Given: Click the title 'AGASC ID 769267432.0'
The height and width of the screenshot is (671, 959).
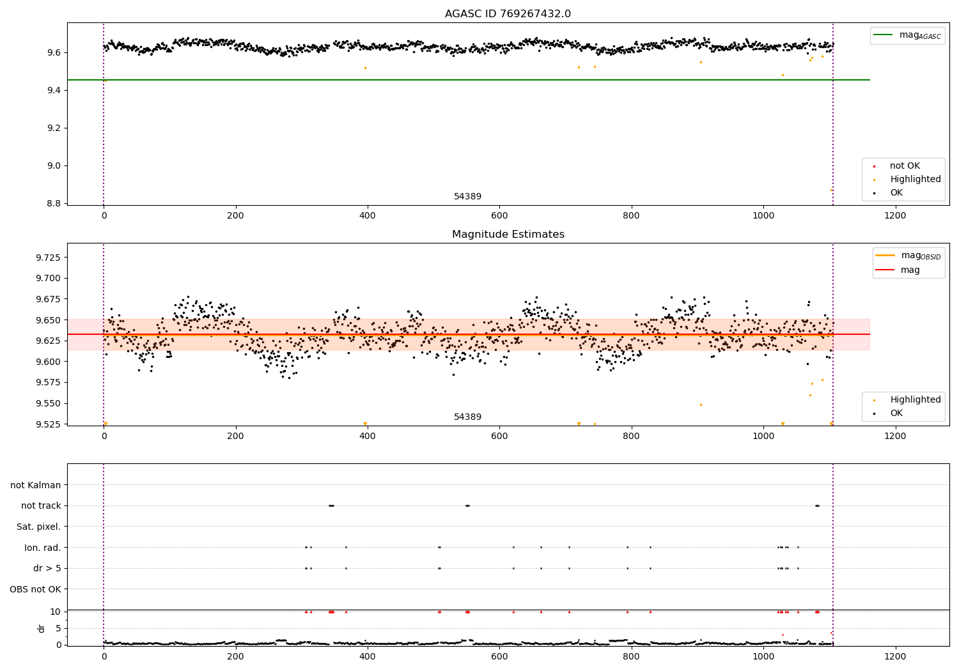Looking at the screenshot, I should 508,14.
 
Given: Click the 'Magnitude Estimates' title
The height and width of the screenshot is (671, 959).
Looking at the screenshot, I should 508,235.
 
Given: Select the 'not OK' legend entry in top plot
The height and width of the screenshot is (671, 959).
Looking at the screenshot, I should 904,166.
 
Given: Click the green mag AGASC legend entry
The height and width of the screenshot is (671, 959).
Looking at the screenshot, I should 907,35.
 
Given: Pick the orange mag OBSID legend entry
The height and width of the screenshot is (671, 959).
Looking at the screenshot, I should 908,256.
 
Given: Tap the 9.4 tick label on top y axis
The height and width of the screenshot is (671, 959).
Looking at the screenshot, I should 52,90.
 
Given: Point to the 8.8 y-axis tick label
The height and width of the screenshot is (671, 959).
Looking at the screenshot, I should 52,203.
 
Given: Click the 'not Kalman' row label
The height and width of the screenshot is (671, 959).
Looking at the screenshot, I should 36,485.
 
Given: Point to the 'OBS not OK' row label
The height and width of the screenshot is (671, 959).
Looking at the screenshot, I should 35,589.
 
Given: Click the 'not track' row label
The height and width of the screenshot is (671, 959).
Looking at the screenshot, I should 41,506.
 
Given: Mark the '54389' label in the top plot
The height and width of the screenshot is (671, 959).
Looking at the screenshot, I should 467,197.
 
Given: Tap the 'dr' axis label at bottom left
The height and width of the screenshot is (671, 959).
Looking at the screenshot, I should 42,628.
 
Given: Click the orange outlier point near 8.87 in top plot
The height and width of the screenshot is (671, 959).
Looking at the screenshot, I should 831,190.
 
